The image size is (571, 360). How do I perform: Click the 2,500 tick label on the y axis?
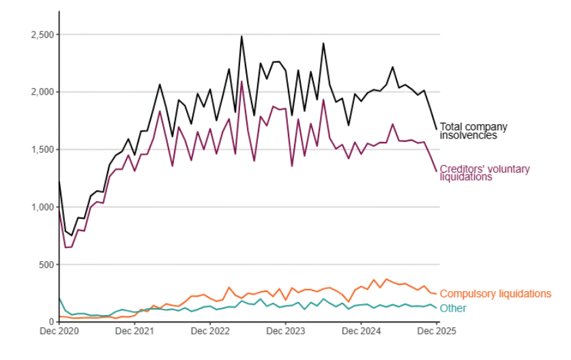[x=42, y=35]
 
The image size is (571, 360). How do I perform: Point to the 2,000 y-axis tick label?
[x=42, y=92]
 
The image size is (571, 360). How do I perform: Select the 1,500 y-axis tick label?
[x=42, y=149]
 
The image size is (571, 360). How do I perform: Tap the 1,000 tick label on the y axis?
[x=42, y=207]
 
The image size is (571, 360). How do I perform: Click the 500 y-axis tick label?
[x=46, y=265]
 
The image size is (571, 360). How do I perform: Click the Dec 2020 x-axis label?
[x=59, y=331]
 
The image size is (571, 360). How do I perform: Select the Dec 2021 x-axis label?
[x=135, y=331]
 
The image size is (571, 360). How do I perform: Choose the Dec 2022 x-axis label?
[x=211, y=331]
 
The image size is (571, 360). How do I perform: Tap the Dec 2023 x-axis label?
[x=286, y=331]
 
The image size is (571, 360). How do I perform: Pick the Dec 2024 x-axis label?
[x=362, y=331]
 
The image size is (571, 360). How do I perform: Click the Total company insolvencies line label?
[x=473, y=131]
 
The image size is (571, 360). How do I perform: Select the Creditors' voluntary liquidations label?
[x=484, y=172]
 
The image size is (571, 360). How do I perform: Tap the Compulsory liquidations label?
[x=495, y=294]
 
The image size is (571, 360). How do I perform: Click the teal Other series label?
[x=453, y=308]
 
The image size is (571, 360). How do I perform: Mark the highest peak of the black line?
[x=241, y=36]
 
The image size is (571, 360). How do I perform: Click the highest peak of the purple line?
[x=241, y=81]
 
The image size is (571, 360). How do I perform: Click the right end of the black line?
[x=437, y=129]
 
